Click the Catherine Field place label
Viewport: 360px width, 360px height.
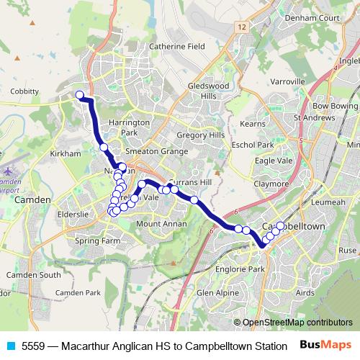(177, 47)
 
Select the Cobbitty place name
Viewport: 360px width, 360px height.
(25, 91)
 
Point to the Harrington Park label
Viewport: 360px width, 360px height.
(129, 127)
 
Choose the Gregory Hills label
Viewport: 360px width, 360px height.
(201, 135)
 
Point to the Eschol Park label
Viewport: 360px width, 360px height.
(253, 145)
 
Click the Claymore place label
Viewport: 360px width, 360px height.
(271, 184)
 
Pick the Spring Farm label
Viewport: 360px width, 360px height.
(97, 241)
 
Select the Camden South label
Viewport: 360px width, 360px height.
(34, 275)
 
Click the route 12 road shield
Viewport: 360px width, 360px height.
(241, 26)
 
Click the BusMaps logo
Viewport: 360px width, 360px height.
(327, 346)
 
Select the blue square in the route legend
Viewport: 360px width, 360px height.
(9, 346)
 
